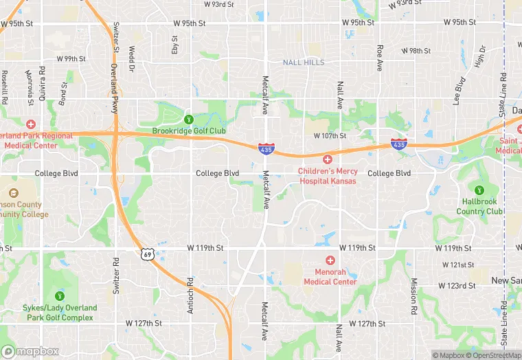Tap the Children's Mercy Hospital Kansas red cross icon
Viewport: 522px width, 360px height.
[x=328, y=159]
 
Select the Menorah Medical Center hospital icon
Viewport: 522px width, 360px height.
[x=330, y=260]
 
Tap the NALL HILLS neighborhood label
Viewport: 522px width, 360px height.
[x=303, y=63]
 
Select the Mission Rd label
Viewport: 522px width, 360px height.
[x=414, y=291]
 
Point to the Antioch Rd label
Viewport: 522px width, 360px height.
[x=190, y=296]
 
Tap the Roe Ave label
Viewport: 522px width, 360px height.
[x=379, y=58]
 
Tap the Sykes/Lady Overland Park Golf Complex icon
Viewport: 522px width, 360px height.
[x=60, y=295]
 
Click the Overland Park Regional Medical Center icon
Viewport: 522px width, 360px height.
[x=30, y=124]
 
